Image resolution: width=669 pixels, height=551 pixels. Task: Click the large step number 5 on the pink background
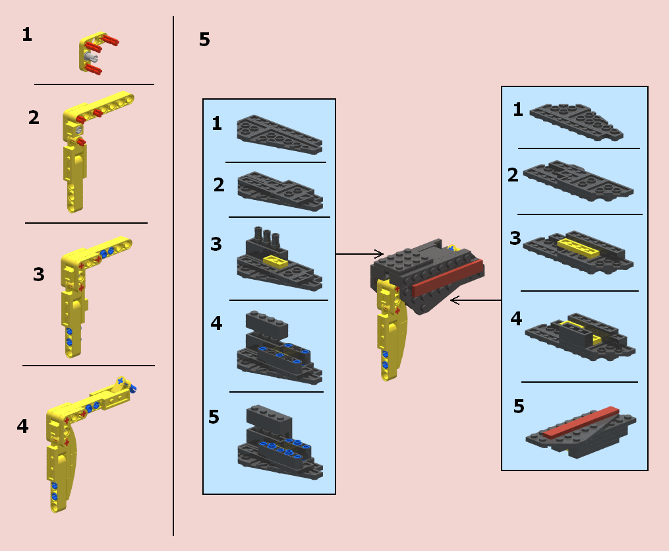(x=204, y=40)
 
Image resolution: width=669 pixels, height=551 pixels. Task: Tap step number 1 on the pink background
(x=27, y=34)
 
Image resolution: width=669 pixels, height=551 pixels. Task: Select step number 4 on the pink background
(x=22, y=426)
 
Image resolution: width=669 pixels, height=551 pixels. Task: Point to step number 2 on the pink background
(x=34, y=117)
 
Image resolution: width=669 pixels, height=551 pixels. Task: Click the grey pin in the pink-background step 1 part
(x=90, y=57)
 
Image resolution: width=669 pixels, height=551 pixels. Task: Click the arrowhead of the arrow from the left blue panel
(x=379, y=253)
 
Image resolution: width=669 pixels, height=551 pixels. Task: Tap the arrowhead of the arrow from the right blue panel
(x=455, y=300)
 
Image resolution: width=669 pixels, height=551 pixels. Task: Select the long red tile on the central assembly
(x=448, y=278)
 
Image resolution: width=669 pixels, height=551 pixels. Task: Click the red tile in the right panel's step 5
(x=581, y=422)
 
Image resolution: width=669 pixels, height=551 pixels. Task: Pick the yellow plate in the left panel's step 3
(x=276, y=261)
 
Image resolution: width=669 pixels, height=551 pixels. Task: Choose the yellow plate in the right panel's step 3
(x=578, y=247)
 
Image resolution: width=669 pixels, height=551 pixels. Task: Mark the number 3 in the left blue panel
(x=216, y=244)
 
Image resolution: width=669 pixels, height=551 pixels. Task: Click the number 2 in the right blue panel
(x=513, y=175)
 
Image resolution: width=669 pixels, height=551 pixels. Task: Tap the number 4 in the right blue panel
(x=516, y=319)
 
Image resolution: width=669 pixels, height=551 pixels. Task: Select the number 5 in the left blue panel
(x=214, y=417)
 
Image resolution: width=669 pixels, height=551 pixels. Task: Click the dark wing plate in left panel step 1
(x=279, y=135)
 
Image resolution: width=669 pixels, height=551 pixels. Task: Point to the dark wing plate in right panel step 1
(x=576, y=121)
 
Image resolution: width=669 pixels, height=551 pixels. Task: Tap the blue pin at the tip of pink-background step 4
(x=132, y=388)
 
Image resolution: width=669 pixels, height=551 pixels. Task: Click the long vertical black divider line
(x=173, y=276)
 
